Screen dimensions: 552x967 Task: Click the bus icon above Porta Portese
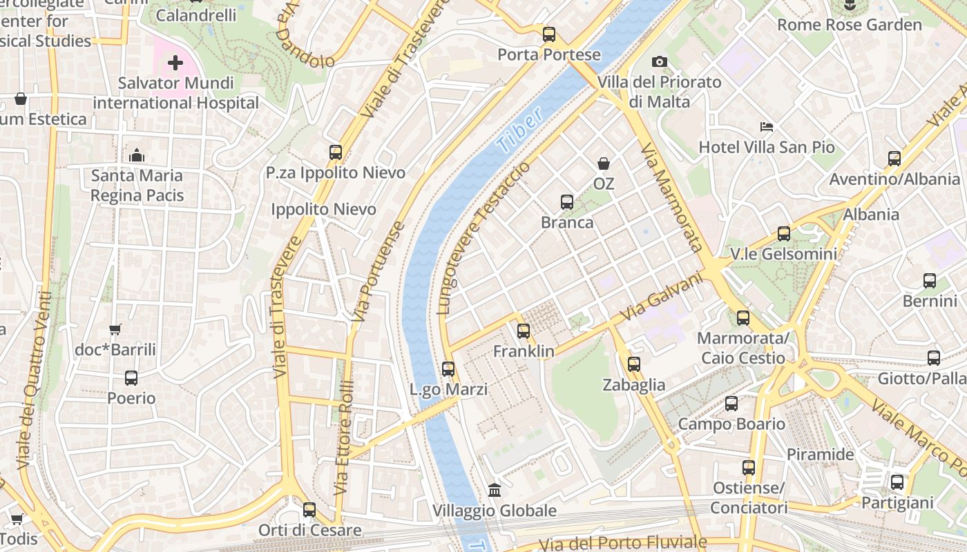(x=549, y=34)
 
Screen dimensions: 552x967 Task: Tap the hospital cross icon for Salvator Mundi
(x=175, y=63)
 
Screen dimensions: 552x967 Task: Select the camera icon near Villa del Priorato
(x=660, y=62)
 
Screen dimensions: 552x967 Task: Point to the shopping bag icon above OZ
(x=604, y=164)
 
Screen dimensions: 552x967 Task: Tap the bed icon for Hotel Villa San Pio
(x=767, y=127)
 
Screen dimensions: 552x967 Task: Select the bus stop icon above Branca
(x=567, y=202)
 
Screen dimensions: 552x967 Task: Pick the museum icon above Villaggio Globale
(x=495, y=491)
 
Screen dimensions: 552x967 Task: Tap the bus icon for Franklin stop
(x=524, y=331)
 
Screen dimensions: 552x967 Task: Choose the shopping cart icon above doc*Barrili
(x=115, y=330)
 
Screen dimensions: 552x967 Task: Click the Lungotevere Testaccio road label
(x=483, y=238)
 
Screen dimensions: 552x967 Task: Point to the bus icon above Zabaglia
(x=634, y=364)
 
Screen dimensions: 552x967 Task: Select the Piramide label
(x=821, y=455)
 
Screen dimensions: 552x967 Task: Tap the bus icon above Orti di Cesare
(x=309, y=510)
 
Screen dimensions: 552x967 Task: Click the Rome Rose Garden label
(x=849, y=25)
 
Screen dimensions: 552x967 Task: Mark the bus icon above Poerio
(x=131, y=378)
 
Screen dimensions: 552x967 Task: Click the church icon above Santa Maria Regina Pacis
(x=137, y=155)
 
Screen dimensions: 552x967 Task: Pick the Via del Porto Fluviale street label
(x=622, y=544)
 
